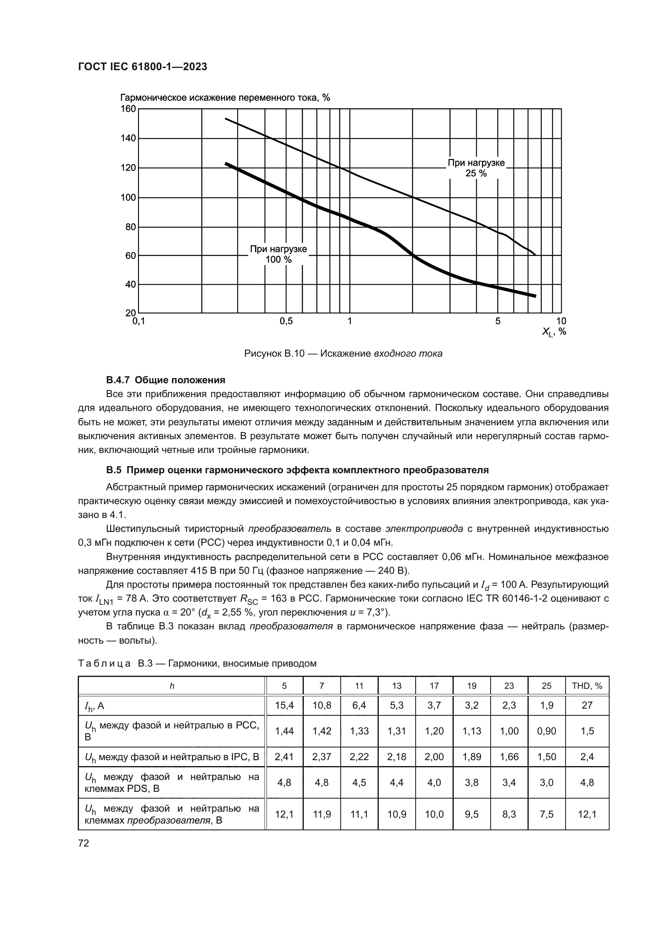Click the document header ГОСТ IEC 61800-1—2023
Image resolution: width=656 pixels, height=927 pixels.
coord(142,67)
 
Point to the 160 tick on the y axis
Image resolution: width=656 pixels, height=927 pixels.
coord(129,109)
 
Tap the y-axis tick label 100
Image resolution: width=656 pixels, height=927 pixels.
coord(129,197)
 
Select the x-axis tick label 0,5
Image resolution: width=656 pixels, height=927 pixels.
coord(286,321)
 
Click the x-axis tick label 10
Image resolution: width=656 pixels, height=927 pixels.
coord(561,321)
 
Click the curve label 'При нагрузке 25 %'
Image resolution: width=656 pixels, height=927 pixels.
coord(476,168)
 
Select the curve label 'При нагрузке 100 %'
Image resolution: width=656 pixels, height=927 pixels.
coord(278,254)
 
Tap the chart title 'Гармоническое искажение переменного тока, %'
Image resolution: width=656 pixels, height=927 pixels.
coord(225,98)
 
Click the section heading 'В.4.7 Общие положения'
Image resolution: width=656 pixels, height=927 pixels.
coord(166,380)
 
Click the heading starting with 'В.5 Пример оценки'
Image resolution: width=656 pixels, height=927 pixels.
coord(297,470)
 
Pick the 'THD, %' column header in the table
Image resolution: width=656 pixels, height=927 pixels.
coord(587,686)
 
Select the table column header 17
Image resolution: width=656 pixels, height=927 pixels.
coord(434,686)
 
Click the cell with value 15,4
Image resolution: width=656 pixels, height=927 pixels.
coord(284,705)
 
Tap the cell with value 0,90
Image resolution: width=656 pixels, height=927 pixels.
coord(547,731)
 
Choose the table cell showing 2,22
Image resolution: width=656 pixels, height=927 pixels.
coord(359,757)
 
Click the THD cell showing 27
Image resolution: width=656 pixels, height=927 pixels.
coord(587,705)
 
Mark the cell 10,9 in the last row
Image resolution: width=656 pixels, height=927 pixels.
coord(397,814)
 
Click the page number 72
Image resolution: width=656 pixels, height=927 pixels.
coord(84,843)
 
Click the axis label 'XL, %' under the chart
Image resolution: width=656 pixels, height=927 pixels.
coord(554,332)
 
